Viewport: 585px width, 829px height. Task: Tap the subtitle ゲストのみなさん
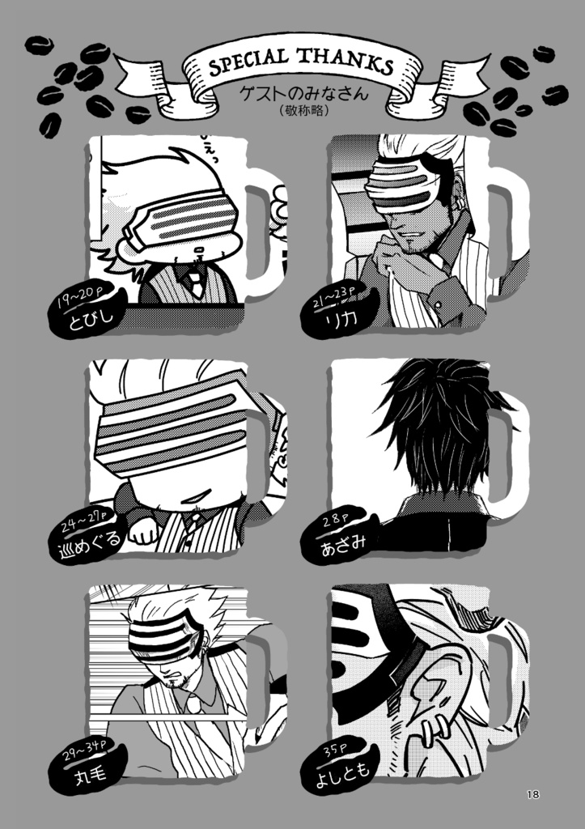click(303, 94)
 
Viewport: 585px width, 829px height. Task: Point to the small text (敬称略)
click(303, 110)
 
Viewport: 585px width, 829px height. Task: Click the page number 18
click(532, 793)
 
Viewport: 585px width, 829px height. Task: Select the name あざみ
click(344, 544)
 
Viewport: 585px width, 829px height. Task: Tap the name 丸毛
click(91, 774)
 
